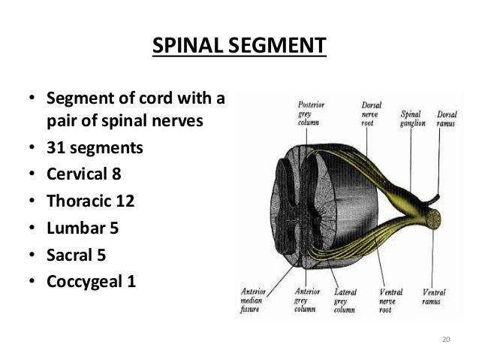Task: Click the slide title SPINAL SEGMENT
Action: click(x=239, y=47)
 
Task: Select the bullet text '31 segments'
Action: click(x=93, y=147)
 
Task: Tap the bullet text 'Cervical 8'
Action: click(x=84, y=174)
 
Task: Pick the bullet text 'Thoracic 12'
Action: click(x=89, y=202)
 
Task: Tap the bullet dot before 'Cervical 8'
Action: click(x=31, y=176)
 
